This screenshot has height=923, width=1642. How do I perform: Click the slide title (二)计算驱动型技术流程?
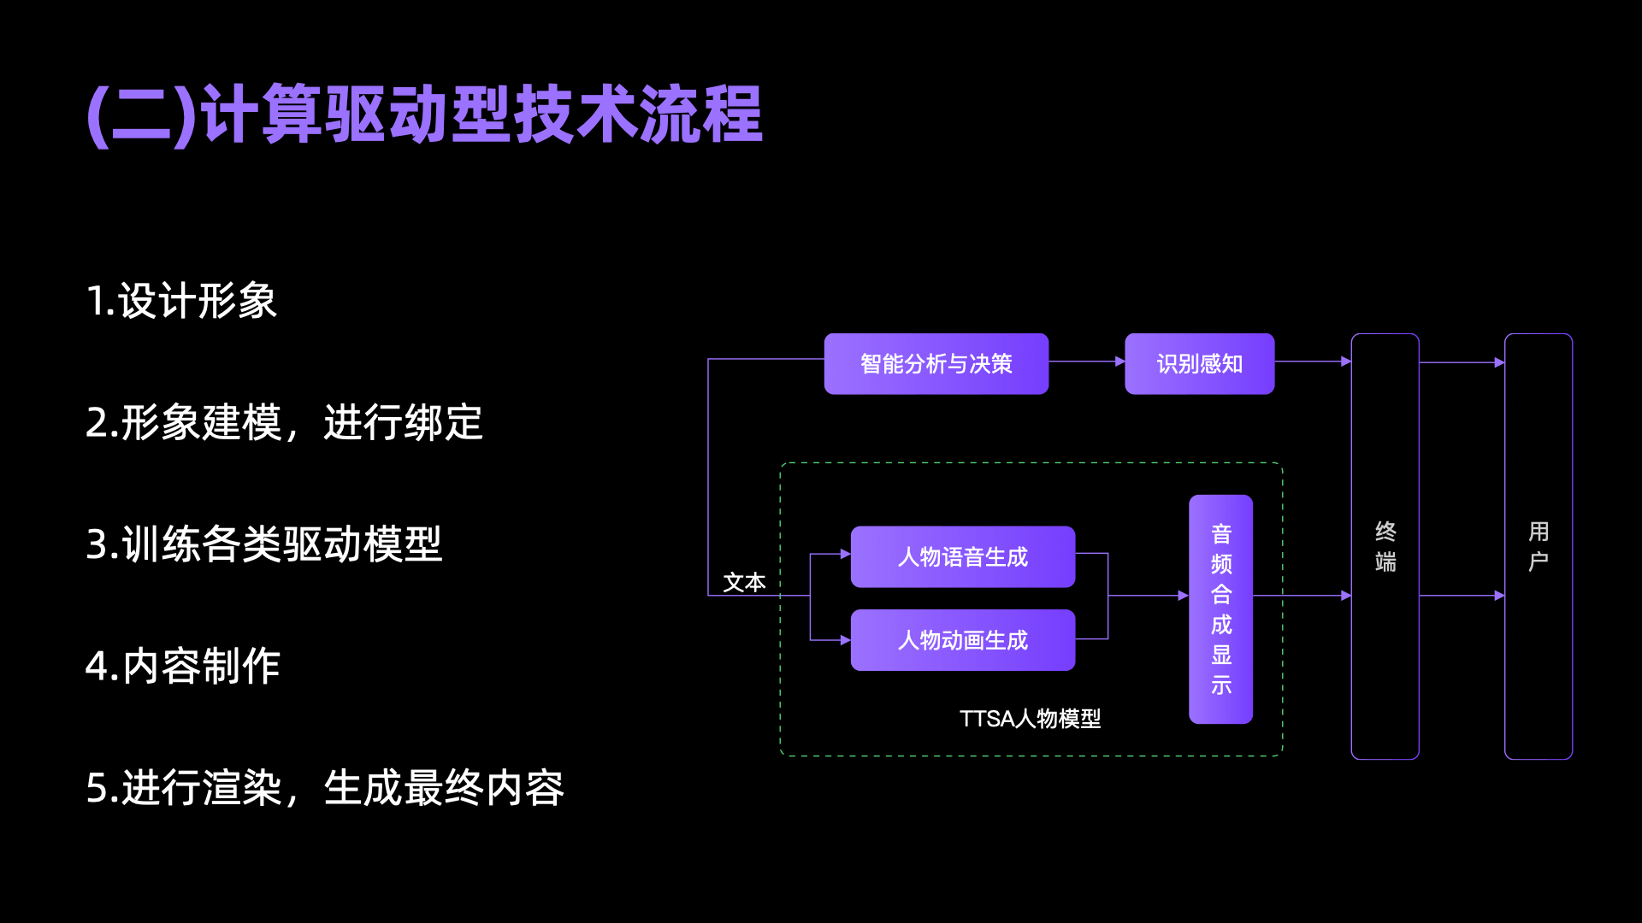pos(425,114)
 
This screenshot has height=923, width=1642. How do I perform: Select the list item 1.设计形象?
pos(181,301)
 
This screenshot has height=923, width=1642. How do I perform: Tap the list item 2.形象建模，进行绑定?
pos(284,422)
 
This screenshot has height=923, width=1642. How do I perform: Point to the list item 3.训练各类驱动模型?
pos(263,544)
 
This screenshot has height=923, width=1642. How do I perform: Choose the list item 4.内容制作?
pos(183,666)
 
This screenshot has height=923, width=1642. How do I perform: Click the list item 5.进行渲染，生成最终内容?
pos(325,787)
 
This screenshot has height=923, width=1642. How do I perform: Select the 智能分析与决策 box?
pos(936,364)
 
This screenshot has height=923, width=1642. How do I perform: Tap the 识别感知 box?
pos(1199,364)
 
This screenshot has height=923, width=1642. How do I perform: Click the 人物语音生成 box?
pos(962,557)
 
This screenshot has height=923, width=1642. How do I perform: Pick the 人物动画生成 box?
pos(962,640)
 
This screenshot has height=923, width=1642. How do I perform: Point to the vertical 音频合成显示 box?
pos(1220,608)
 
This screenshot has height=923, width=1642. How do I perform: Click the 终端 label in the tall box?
pos(1385,547)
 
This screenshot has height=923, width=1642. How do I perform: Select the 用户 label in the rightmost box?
pos(1539,547)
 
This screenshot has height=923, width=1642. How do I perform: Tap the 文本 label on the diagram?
pos(744,583)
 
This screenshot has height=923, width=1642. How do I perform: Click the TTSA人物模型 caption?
pos(1030,719)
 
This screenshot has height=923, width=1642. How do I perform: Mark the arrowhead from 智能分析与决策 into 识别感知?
pos(1119,362)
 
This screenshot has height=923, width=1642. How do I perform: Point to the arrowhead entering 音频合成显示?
pos(1183,596)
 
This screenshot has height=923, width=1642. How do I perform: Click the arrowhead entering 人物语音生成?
pos(845,554)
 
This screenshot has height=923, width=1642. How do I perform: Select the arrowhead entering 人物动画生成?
pos(845,640)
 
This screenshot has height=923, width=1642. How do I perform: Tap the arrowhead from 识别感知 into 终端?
pos(1346,362)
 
